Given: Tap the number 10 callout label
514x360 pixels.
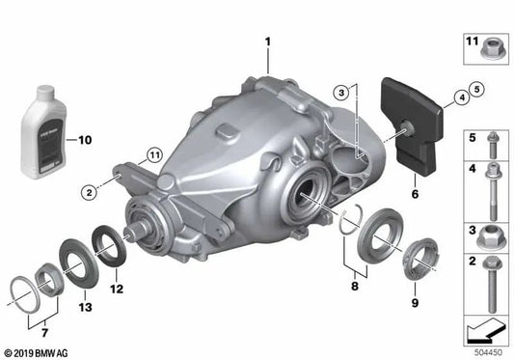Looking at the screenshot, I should click(85, 140).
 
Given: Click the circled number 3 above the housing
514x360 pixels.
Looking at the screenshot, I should click(341, 93).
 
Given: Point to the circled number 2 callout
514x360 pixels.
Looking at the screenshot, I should click(89, 191).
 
